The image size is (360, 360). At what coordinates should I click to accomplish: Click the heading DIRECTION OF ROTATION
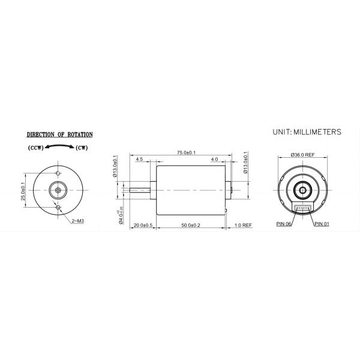[x=59, y=135]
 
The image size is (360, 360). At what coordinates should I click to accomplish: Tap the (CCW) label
[x=35, y=148]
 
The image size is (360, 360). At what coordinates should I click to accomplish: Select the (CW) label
[x=83, y=148]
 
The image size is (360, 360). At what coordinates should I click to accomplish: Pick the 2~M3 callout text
[x=77, y=221]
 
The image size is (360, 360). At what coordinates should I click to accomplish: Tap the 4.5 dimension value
[x=139, y=160]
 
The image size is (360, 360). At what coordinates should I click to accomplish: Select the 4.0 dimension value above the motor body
[x=214, y=160]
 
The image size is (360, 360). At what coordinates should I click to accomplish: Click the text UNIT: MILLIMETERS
[x=307, y=131]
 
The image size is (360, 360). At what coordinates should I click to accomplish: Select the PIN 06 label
[x=284, y=224]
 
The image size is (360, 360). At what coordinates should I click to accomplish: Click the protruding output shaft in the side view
[x=142, y=190]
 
